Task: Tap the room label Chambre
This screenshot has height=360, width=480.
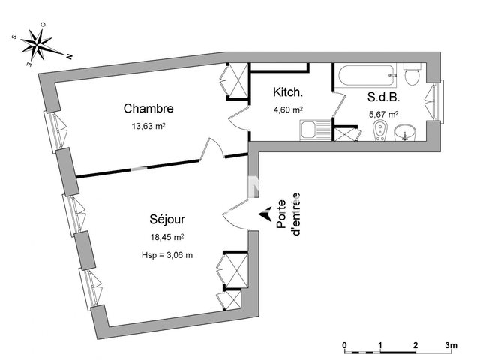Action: click(x=148, y=109)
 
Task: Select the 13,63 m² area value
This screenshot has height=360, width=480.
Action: click(x=148, y=126)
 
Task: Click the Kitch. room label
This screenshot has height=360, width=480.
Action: click(x=288, y=93)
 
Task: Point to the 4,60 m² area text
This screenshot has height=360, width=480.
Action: click(x=288, y=109)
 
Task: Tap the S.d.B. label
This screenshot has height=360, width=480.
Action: click(x=382, y=97)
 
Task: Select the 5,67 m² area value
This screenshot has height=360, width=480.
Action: click(x=382, y=114)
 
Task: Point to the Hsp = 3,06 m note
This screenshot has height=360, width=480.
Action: click(x=166, y=255)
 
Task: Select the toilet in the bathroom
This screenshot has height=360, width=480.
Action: click(x=412, y=76)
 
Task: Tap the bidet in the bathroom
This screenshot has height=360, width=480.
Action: click(x=382, y=133)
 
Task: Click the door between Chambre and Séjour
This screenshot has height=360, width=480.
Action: click(x=213, y=151)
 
